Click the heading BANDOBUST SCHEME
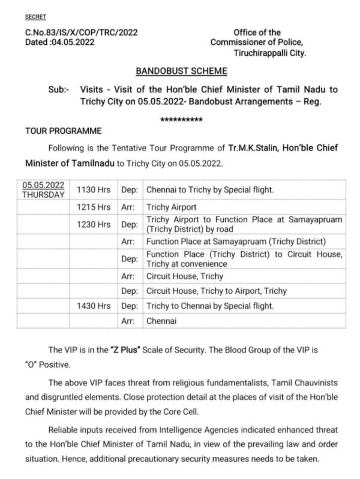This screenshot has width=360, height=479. point(181,71)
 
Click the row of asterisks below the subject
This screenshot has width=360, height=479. point(181,120)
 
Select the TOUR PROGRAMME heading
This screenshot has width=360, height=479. point(64,131)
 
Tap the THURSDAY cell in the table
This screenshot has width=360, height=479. point(44,195)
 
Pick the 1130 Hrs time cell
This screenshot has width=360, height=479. point(94,191)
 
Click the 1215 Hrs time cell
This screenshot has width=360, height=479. point(94,207)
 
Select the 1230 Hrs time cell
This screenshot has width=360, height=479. point(94,224)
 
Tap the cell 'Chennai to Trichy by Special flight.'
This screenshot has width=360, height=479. point(210,191)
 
